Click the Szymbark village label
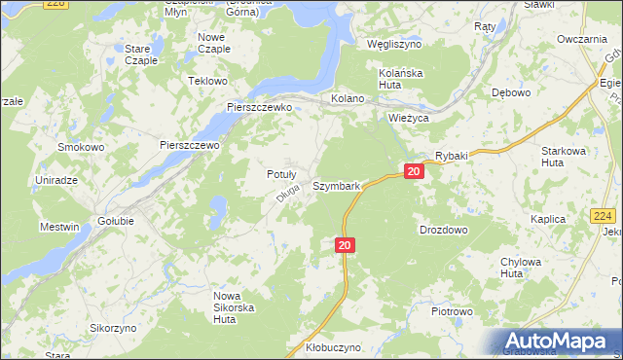coord(337,185)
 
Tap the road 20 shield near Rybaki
coord(414,172)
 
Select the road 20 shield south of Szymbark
coord(345,246)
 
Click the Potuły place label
coord(281,174)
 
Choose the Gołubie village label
coord(117,221)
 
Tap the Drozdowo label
coord(443,231)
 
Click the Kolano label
coord(348,99)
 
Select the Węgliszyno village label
coord(393,45)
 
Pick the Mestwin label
coord(58,228)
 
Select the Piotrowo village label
coord(452,312)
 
